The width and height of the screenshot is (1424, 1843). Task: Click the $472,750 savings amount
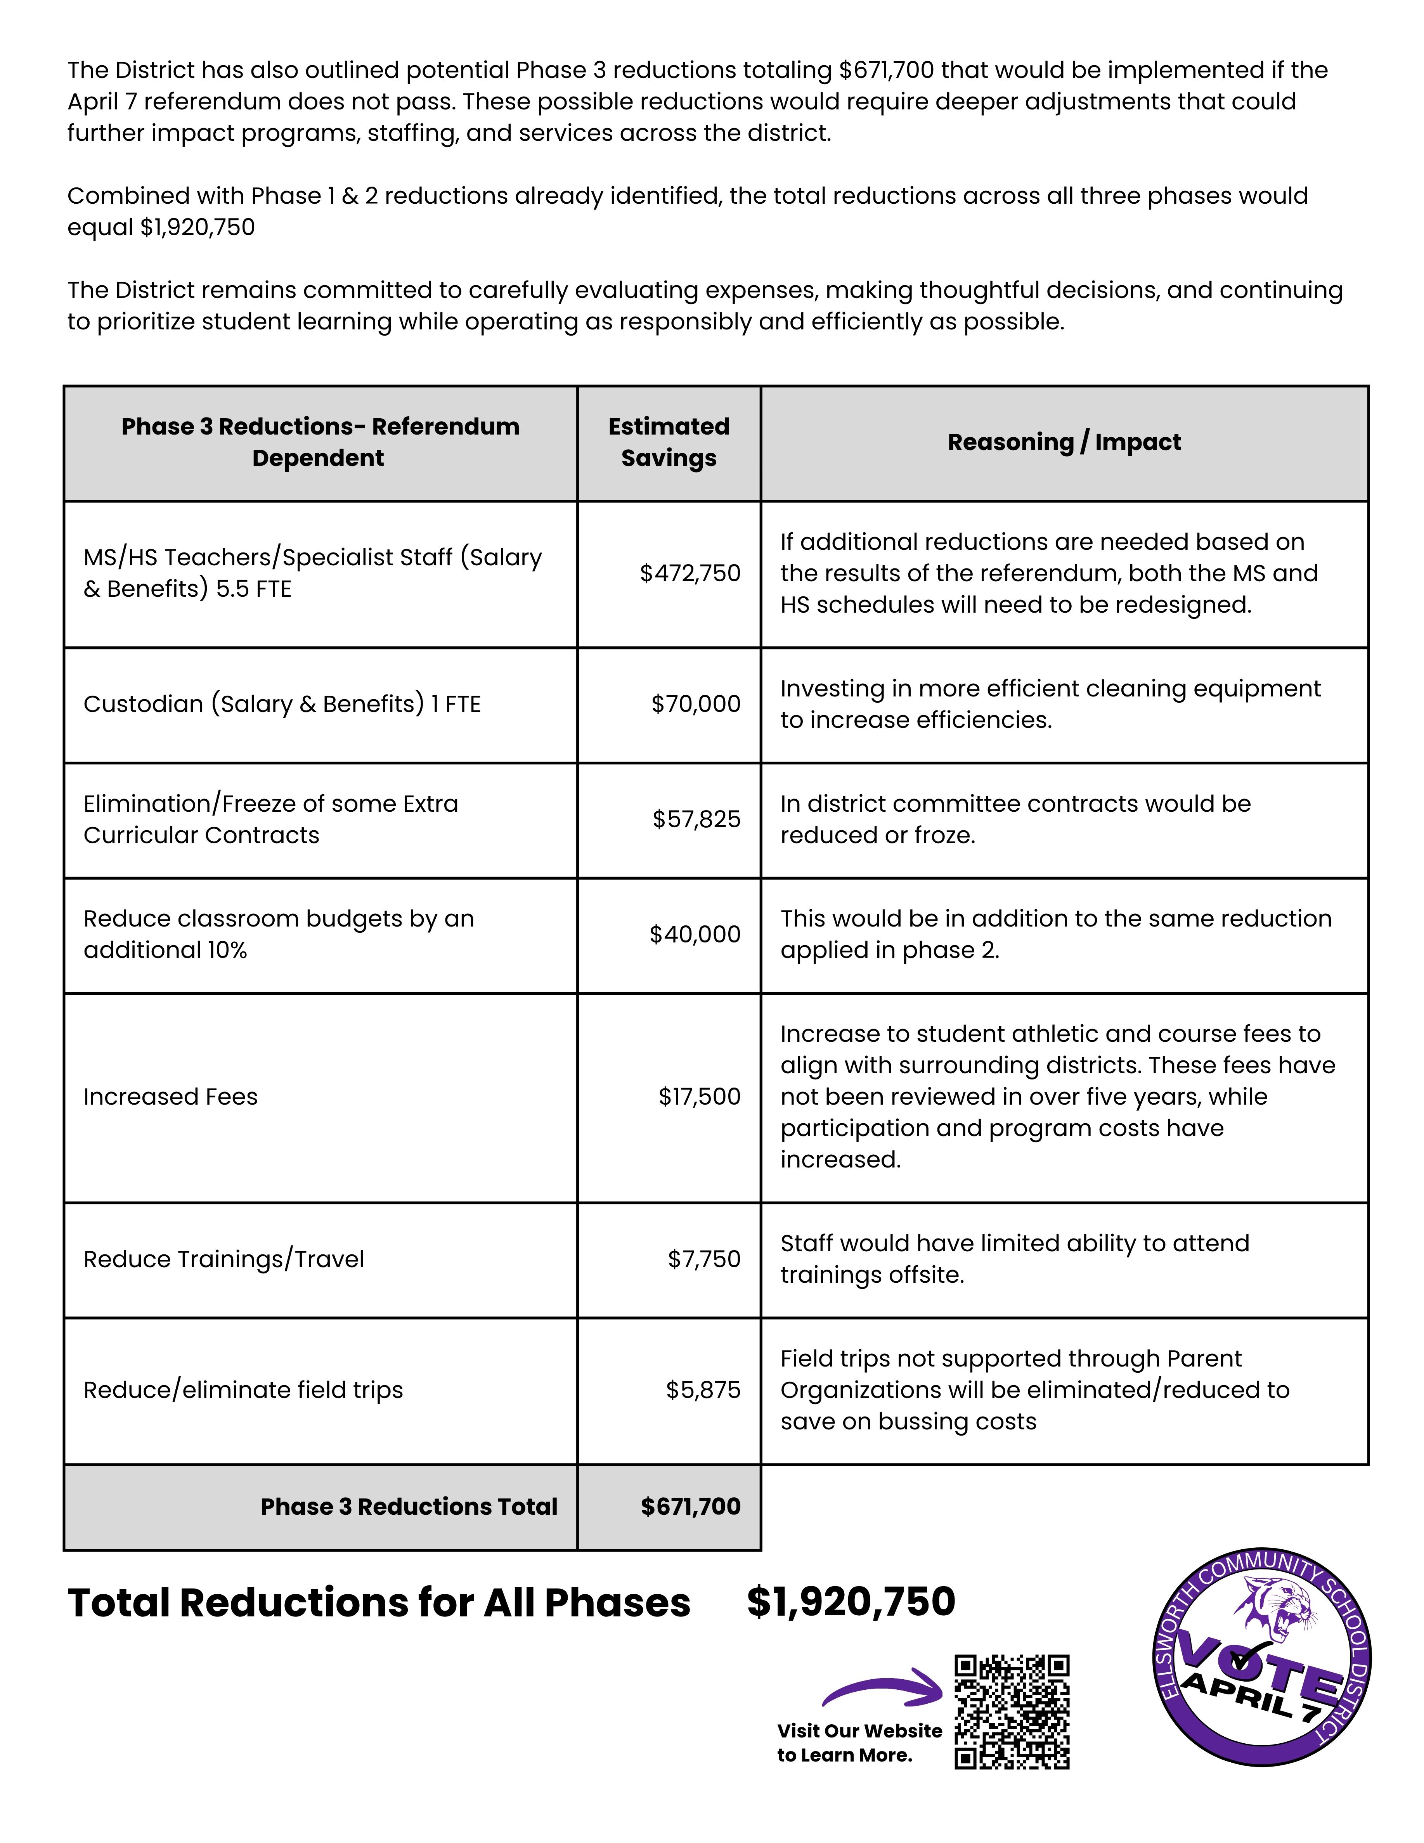[x=689, y=574]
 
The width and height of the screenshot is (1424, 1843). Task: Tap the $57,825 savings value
[x=696, y=819]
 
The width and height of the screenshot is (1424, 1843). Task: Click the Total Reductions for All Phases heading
[x=379, y=1603]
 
